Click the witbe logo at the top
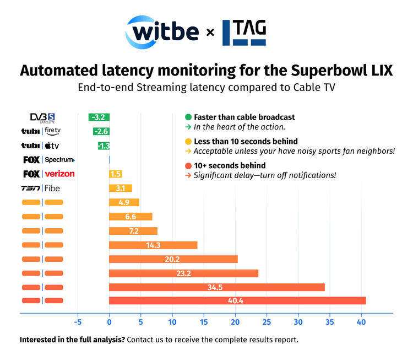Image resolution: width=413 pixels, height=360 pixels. point(163,32)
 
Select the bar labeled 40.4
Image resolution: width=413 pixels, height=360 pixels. point(237,300)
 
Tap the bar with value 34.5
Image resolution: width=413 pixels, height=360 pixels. point(216,287)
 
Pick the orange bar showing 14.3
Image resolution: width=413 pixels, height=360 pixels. point(153,245)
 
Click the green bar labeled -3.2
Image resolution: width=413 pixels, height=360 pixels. point(99,117)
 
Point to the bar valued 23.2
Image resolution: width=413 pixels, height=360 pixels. point(183,273)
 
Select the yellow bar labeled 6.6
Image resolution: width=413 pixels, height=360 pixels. point(131,217)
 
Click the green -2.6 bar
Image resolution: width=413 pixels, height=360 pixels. point(101,131)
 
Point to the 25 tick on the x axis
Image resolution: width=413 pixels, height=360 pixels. point(267,322)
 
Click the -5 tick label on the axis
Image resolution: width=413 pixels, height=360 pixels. point(78,322)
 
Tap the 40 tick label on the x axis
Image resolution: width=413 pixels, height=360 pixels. point(361,322)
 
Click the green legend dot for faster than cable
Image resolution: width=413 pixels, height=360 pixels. point(188,117)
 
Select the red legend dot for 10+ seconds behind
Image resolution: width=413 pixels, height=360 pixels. point(188,165)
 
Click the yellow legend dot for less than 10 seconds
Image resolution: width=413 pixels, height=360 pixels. point(188,142)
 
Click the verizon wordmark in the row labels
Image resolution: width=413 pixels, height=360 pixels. point(59,174)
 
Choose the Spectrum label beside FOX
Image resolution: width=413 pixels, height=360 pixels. point(59,160)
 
